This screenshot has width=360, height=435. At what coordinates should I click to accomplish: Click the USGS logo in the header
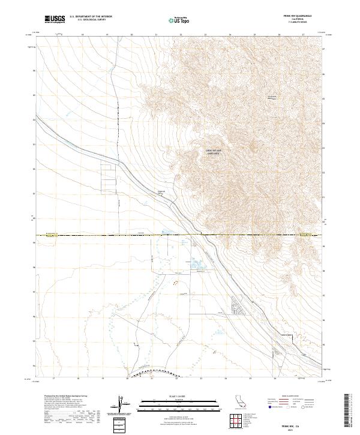click(55, 19)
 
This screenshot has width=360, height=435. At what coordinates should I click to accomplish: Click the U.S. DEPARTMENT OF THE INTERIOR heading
click(91, 17)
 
